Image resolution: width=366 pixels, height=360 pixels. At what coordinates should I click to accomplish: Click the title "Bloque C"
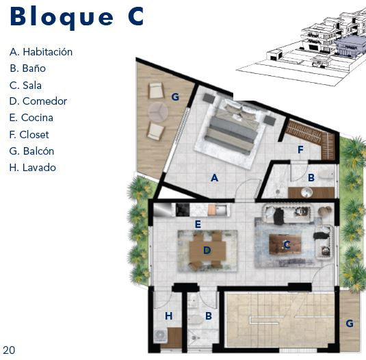pos(77,18)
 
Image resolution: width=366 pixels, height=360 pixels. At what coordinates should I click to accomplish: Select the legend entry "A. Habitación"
pos(41,52)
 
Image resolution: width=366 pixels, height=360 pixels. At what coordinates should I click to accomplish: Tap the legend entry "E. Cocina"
pos(31,118)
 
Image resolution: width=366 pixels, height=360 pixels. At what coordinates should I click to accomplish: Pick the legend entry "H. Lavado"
pos(33,168)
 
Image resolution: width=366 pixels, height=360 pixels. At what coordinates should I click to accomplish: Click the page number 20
pos(9,350)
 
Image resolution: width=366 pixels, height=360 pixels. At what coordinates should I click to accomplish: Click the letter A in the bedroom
pos(215,178)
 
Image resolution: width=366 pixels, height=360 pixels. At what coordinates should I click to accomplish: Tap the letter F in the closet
pos(300,149)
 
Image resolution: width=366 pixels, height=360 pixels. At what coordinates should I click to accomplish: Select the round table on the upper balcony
pos(158,112)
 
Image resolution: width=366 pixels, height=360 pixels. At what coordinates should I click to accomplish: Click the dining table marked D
pos(207,250)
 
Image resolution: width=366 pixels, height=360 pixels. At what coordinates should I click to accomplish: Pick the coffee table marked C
pos(285,244)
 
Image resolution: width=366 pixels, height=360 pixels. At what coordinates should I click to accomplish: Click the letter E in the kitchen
pos(198,224)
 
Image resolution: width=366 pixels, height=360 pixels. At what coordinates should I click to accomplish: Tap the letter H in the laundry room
pos(169,316)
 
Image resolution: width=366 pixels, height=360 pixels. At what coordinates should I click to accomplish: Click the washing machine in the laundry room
pos(160,335)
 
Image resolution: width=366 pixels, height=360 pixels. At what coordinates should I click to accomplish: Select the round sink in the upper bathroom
pos(306,192)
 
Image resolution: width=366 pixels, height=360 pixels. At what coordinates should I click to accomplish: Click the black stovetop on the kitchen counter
pos(183,209)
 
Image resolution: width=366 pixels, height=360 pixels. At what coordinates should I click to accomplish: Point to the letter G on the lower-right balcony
pos(350,323)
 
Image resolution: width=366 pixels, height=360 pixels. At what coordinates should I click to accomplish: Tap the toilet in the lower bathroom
pos(195,320)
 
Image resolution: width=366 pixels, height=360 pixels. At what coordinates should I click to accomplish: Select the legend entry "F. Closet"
pos(29,134)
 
